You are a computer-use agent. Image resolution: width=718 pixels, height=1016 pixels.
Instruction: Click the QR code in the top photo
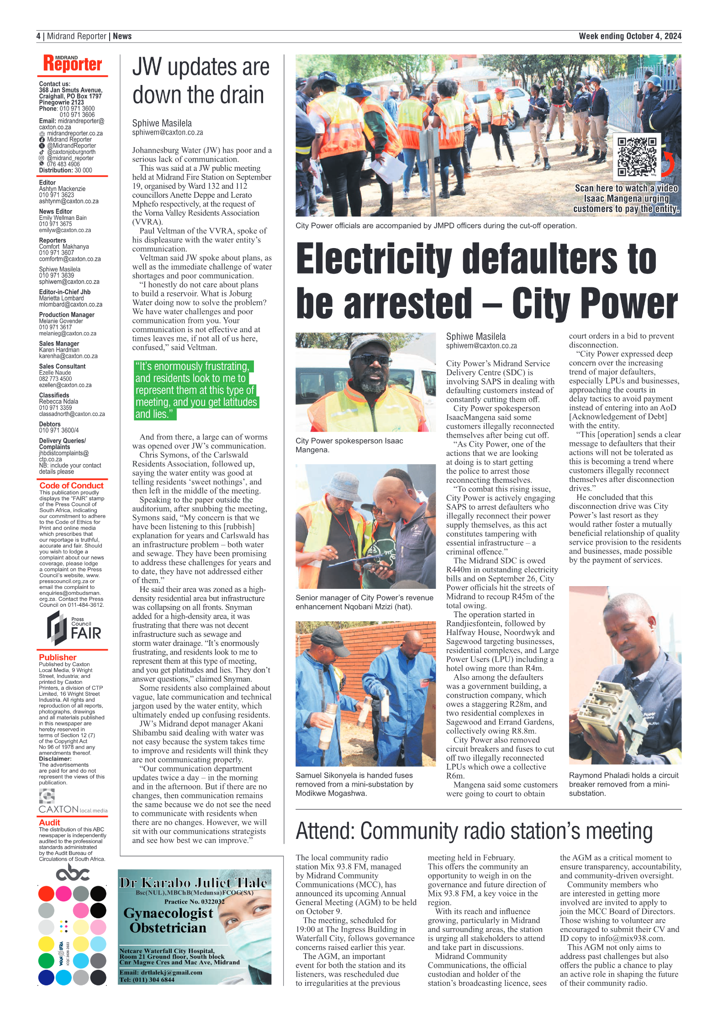(636, 157)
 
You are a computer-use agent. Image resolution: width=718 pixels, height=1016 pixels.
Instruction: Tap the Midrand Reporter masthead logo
(73, 63)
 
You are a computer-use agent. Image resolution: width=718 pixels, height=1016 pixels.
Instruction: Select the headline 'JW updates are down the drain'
(201, 81)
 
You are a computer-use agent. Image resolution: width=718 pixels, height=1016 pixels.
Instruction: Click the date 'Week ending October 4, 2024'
(629, 36)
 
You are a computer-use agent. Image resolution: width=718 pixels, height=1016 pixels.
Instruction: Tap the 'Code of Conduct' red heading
(71, 485)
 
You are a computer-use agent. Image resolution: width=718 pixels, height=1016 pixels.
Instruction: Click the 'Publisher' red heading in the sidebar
(58, 657)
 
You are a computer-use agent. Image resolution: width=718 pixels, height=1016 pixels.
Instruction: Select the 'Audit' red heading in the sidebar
(49, 822)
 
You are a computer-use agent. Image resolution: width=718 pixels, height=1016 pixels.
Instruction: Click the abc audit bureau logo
(73, 872)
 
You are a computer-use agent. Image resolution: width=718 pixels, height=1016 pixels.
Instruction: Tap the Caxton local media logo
(73, 809)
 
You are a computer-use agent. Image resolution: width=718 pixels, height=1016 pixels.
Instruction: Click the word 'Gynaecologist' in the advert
(168, 913)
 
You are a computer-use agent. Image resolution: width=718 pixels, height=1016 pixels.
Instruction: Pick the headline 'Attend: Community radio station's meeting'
(474, 831)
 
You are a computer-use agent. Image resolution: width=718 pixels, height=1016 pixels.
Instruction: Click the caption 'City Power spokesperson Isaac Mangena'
(349, 445)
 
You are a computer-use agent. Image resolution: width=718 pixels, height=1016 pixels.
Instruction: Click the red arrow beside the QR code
(668, 164)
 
